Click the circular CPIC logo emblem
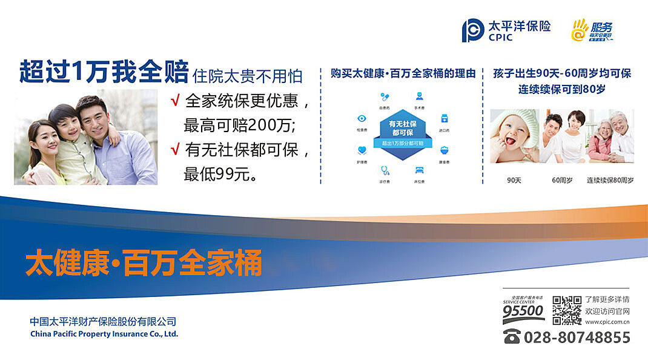point(472,30)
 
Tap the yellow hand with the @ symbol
point(580,30)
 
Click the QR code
point(566,310)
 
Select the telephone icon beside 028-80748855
point(512,337)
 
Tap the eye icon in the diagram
point(362,119)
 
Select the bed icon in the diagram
point(418,170)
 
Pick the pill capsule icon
point(384,96)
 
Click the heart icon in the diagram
point(362,150)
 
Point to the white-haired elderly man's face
point(618,125)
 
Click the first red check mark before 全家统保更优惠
point(175,100)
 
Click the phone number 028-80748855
point(577,337)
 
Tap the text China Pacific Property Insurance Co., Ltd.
point(104,334)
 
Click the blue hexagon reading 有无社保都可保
point(402,128)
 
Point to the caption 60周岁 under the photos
point(562,180)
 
